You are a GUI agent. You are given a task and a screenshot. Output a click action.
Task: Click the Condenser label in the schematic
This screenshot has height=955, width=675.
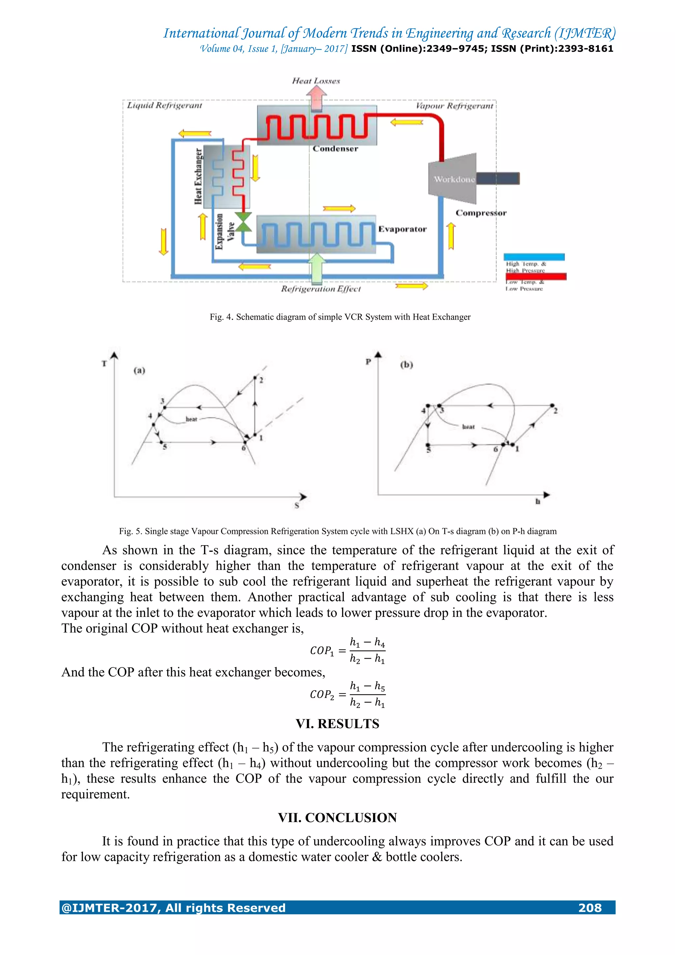(335, 149)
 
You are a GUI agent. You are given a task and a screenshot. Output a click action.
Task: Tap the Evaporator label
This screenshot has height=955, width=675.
(402, 229)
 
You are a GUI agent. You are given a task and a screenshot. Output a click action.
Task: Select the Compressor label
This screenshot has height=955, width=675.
(481, 213)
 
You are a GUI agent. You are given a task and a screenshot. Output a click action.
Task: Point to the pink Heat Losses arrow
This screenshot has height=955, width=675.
(316, 99)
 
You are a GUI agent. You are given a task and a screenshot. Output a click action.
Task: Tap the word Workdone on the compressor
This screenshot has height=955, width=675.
(454, 179)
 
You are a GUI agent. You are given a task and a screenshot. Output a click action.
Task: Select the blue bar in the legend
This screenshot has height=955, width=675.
(534, 257)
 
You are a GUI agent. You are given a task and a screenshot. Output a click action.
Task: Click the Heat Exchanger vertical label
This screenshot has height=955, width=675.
(199, 176)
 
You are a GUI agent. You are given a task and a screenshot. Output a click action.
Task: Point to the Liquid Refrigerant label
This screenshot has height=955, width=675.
(164, 106)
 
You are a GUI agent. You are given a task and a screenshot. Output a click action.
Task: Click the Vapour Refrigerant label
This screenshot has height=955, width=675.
(454, 106)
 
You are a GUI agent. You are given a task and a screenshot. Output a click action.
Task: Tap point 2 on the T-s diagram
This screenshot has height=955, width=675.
(255, 378)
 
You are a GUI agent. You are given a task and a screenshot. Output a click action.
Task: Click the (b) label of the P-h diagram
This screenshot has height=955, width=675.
(406, 365)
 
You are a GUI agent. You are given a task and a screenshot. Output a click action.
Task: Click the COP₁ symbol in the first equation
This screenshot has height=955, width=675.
(322, 651)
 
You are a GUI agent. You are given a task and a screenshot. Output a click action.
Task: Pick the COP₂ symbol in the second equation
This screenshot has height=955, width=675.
(322, 695)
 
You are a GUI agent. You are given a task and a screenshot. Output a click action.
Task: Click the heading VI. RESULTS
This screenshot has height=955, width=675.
(337, 724)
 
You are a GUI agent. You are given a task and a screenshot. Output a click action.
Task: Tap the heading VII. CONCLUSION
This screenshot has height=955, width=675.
(337, 818)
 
